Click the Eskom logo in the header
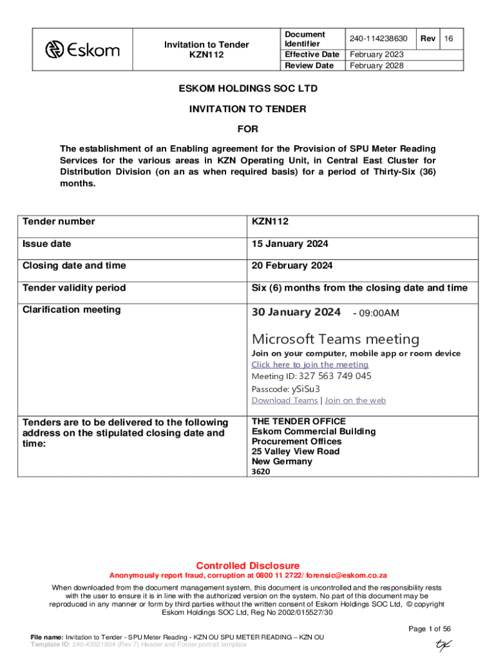[82, 49]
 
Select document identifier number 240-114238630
[379, 39]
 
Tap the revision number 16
[449, 39]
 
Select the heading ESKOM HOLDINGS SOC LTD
[247, 88]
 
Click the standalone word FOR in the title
[247, 130]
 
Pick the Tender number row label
[59, 222]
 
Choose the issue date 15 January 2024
[290, 244]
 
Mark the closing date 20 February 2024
[292, 266]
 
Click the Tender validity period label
[74, 288]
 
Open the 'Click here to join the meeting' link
[310, 365]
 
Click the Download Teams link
[284, 400]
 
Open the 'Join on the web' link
[355, 400]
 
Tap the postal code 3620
[261, 472]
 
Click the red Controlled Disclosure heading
[247, 565]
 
